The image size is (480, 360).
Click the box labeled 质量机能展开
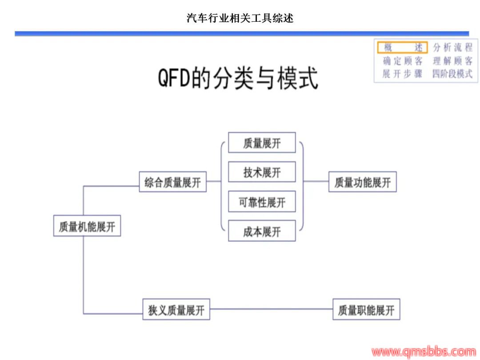pyautogui.click(x=87, y=226)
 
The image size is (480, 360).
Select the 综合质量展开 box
pyautogui.click(x=173, y=182)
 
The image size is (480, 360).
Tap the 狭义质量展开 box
pyautogui.click(x=176, y=309)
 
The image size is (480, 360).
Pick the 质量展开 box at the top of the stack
pyautogui.click(x=262, y=143)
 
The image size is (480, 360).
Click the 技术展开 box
pyautogui.click(x=262, y=172)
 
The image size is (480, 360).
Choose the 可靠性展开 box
pyautogui.click(x=262, y=202)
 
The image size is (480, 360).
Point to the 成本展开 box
pyautogui.click(x=262, y=231)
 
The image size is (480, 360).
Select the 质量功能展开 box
pyautogui.click(x=362, y=182)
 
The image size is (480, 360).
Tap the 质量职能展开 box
pyautogui.click(x=366, y=309)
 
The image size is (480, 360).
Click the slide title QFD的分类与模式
pyautogui.click(x=238, y=78)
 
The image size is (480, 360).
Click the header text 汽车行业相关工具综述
pyautogui.click(x=240, y=18)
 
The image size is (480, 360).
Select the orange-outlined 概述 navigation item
pyautogui.click(x=402, y=48)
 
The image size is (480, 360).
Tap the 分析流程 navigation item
pyautogui.click(x=453, y=48)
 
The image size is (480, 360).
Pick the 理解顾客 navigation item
pyautogui.click(x=453, y=61)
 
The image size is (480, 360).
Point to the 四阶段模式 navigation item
pyautogui.click(x=453, y=74)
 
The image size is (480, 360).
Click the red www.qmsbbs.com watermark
pyautogui.click(x=424, y=352)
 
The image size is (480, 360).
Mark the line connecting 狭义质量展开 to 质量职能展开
pyautogui.click(x=271, y=309)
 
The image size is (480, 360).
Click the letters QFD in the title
pyautogui.click(x=174, y=78)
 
